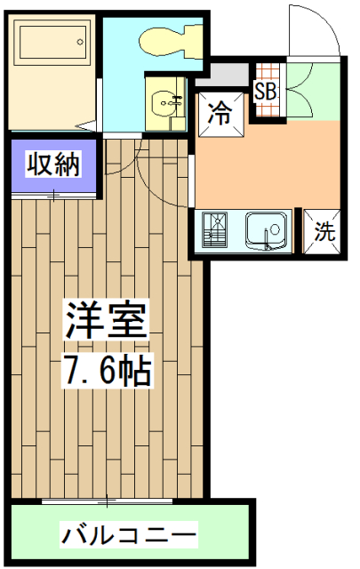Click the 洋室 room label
pyautogui.click(x=104, y=320)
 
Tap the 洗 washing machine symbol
pyautogui.click(x=324, y=233)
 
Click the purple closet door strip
pyautogui.click(x=52, y=191)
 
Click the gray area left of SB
pyautogui.click(x=231, y=73)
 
